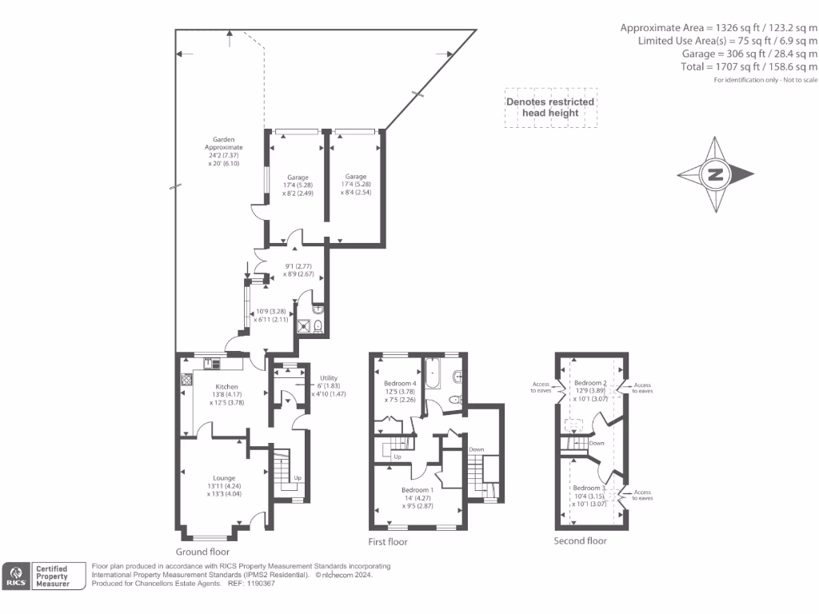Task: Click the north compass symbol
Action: pos(715,174)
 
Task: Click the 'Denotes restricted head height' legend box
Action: pos(549,107)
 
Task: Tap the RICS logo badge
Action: pos(16,576)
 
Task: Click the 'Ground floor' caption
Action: pos(202,552)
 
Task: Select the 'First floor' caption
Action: pos(388,541)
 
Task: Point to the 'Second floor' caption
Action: pos(580,540)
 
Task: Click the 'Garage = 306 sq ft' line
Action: pos(749,54)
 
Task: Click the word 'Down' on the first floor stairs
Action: pos(477,449)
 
